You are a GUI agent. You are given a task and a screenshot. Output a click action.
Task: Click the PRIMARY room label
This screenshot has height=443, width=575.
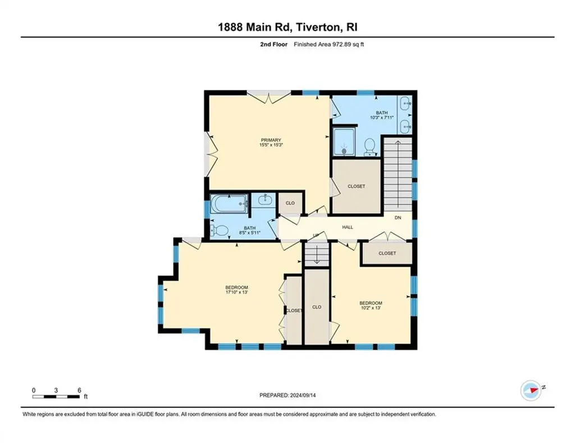(x=271, y=140)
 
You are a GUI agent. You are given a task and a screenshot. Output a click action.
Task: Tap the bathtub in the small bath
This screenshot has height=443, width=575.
(x=229, y=203)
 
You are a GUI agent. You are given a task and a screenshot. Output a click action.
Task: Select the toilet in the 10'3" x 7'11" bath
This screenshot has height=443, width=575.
(x=369, y=146)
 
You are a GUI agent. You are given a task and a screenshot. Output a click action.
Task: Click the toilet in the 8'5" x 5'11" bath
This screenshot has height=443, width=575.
(x=220, y=230)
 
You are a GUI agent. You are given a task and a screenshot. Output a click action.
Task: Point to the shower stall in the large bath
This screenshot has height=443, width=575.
(x=344, y=141)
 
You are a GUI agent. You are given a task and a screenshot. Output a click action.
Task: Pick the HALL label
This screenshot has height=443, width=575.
(x=348, y=227)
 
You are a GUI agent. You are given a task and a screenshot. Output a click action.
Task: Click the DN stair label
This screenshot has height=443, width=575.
(x=398, y=218)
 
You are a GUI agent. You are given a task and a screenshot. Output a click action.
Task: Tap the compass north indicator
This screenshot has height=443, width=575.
(x=531, y=390)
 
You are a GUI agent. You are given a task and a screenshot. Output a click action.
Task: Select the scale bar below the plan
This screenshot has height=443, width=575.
(x=56, y=396)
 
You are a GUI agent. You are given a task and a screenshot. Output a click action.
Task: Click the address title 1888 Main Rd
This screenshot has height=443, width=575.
(x=254, y=27)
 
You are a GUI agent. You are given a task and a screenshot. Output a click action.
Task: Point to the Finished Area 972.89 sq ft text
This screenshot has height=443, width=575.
(x=329, y=44)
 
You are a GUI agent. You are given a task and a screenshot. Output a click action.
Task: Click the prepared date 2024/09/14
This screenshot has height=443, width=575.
(x=303, y=395)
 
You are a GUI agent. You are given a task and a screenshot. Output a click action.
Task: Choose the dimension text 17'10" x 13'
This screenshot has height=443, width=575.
(x=236, y=293)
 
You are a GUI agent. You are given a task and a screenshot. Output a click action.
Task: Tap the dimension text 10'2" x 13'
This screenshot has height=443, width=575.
(x=371, y=308)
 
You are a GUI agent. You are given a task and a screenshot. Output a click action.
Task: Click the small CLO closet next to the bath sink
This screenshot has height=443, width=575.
(x=290, y=203)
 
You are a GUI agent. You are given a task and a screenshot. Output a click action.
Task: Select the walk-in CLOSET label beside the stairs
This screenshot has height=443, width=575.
(x=357, y=186)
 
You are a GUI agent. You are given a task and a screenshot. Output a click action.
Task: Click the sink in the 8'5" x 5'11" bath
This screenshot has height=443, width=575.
(x=264, y=200)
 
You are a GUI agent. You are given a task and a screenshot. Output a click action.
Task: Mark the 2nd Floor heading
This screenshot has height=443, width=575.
(x=274, y=44)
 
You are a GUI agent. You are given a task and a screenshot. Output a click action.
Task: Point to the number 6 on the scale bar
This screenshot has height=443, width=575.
(x=79, y=391)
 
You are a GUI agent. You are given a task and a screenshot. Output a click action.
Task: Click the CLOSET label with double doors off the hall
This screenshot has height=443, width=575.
(x=387, y=253)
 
